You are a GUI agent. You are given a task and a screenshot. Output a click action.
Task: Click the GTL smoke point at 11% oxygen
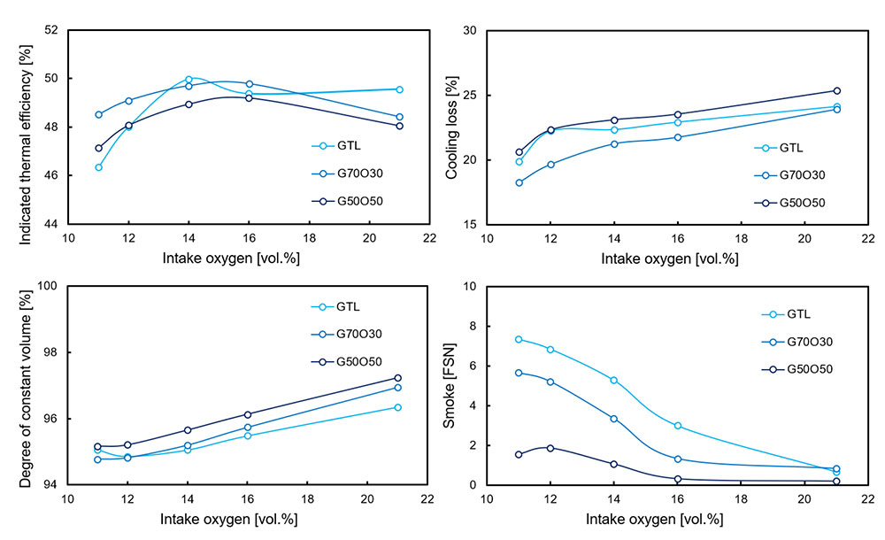[x=519, y=339]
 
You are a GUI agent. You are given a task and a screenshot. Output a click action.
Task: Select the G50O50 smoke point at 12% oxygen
[x=550, y=448]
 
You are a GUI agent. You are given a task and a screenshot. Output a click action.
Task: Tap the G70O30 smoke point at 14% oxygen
[x=613, y=419]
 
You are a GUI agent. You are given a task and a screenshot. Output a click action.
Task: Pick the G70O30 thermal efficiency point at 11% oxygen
[x=98, y=114]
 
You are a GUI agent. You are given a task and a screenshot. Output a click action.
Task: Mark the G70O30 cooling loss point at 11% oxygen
[x=519, y=182]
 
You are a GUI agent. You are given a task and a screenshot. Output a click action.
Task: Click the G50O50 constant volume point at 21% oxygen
[x=397, y=378]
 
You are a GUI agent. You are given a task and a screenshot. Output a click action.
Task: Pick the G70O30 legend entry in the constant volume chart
[x=358, y=334]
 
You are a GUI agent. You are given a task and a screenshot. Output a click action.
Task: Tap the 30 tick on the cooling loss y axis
[x=468, y=31]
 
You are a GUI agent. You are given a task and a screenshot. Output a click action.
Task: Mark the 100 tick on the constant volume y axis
[x=45, y=287]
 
